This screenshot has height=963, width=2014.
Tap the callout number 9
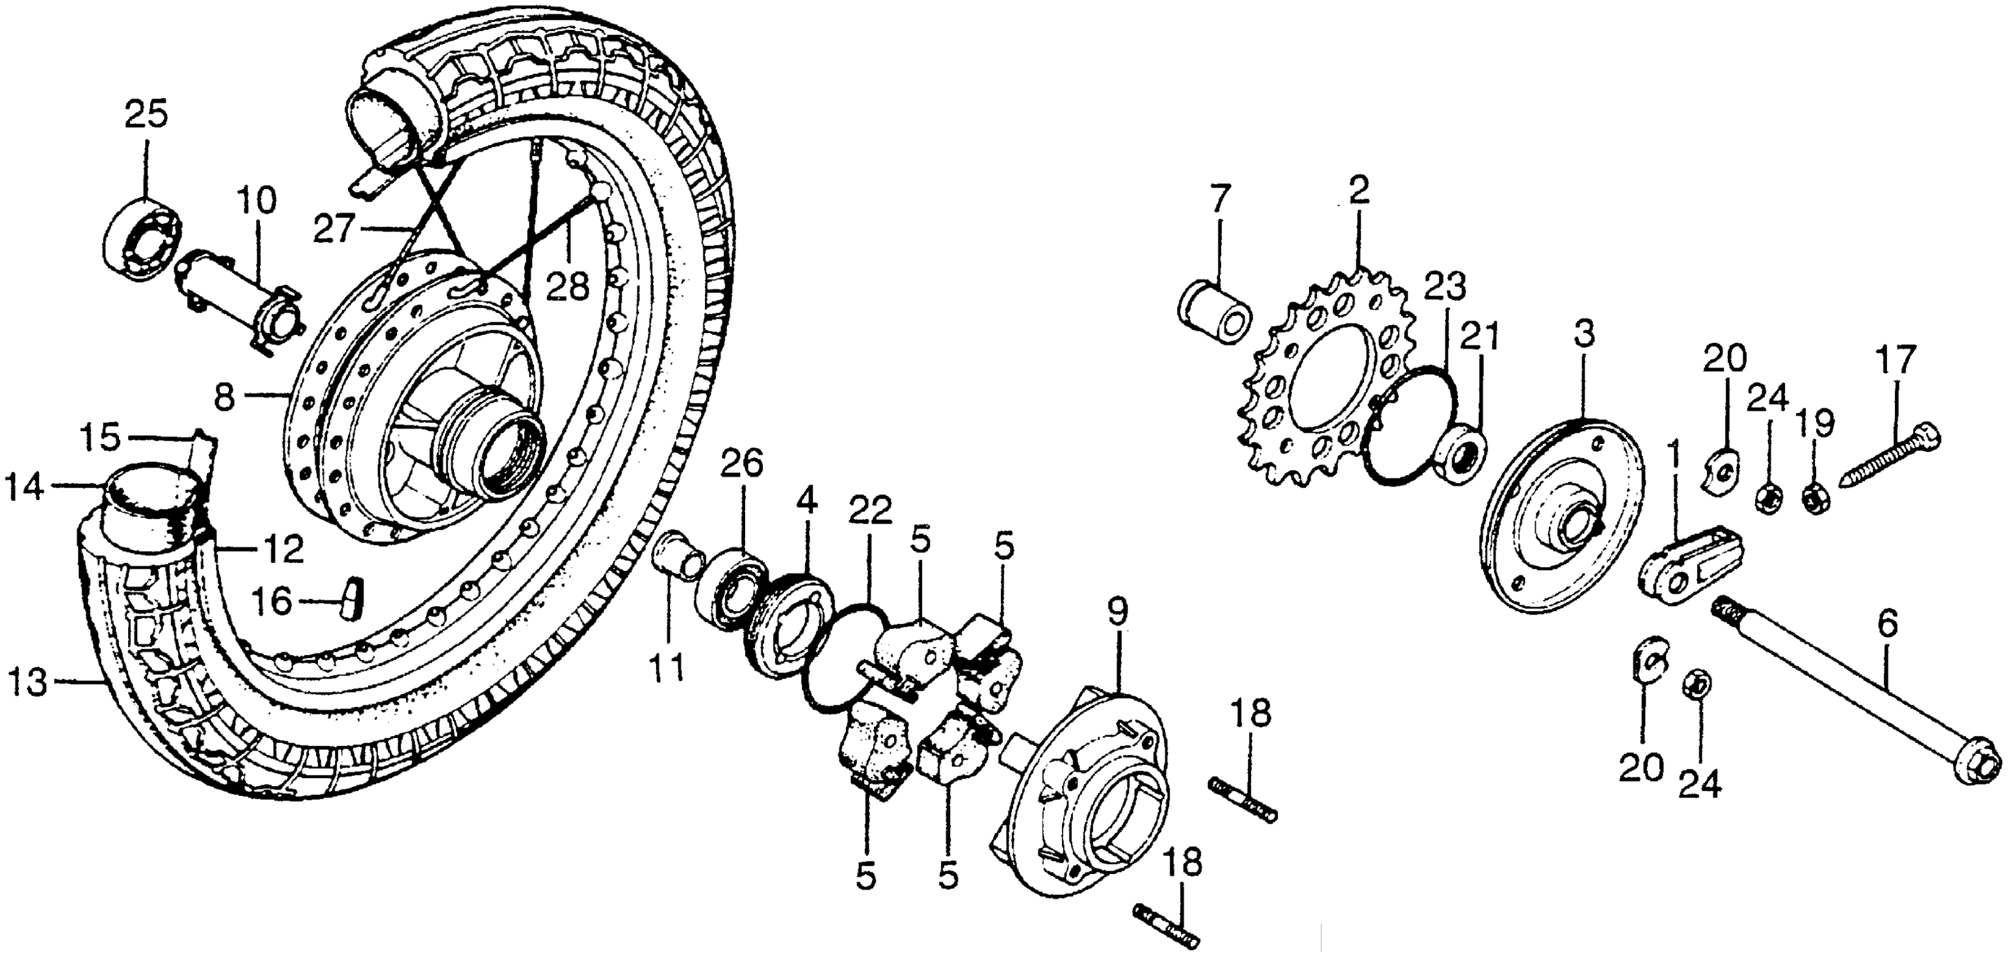click(x=1118, y=613)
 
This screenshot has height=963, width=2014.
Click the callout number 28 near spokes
click(x=568, y=288)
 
